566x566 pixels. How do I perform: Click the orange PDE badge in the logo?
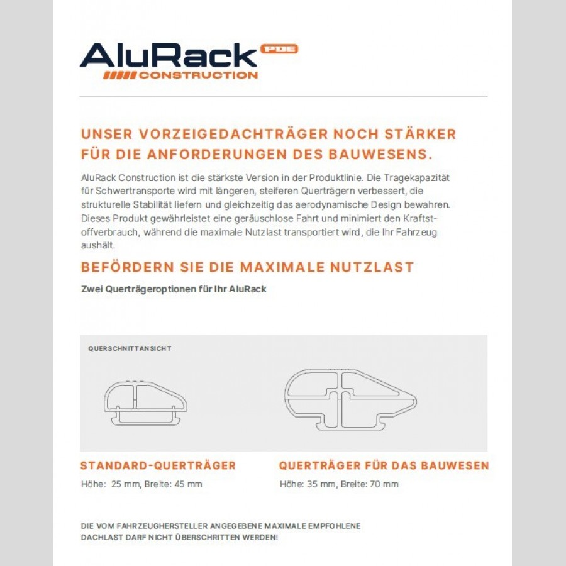[279, 49]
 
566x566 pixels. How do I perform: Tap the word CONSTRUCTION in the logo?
[198, 75]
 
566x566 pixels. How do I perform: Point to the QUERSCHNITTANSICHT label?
[130, 348]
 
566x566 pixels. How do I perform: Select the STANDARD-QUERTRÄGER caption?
[158, 466]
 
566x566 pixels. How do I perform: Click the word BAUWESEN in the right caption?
[456, 466]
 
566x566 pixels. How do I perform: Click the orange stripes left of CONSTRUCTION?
[119, 75]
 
